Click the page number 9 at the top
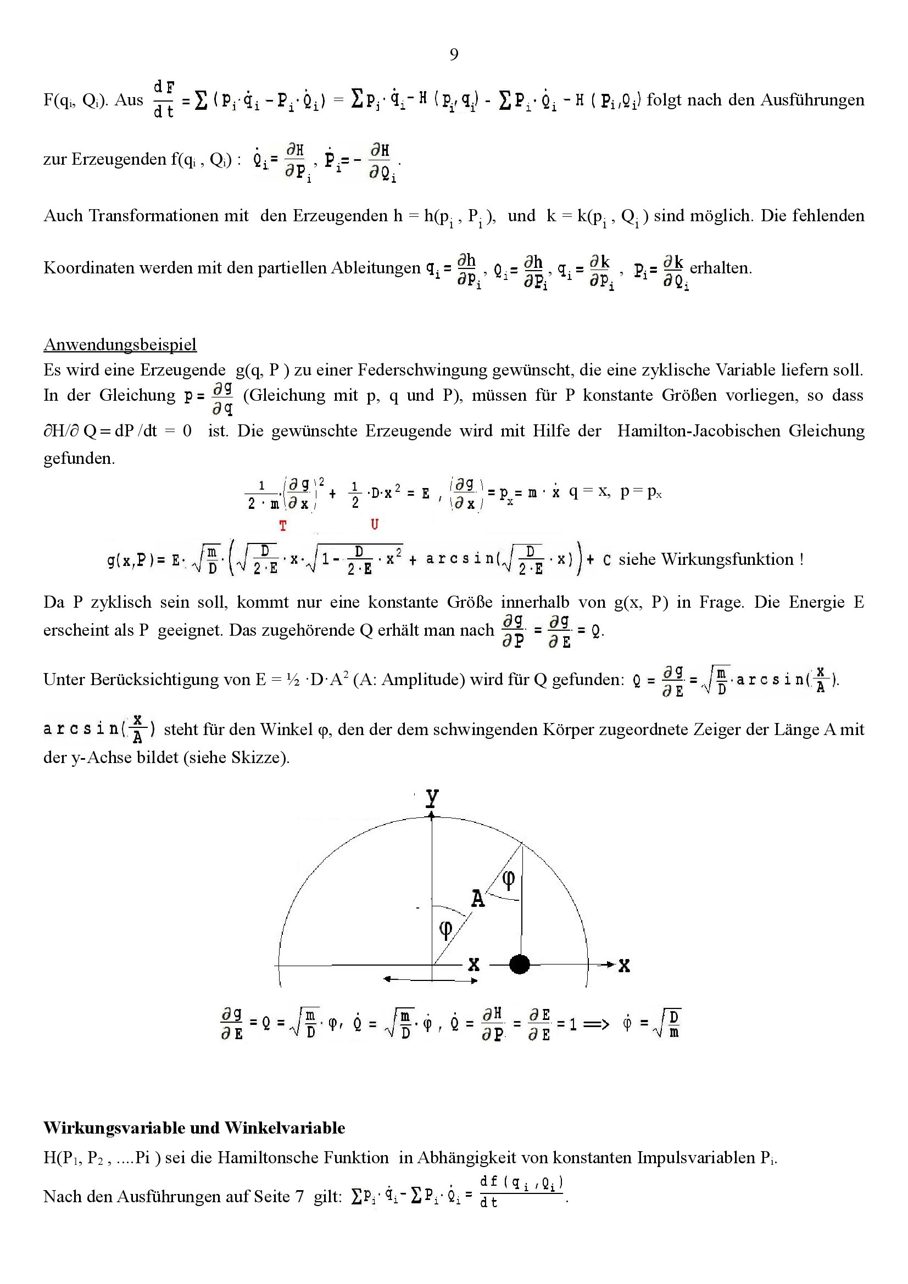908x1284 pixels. (x=454, y=54)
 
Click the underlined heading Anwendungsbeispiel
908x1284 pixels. (x=120, y=344)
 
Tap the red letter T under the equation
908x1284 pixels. (x=283, y=526)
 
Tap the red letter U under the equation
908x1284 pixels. (x=374, y=525)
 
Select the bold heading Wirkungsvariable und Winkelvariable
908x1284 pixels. (x=194, y=1128)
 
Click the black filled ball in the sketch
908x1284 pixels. (x=520, y=964)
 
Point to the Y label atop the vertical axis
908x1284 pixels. (x=431, y=798)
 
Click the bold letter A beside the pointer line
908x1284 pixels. (x=477, y=899)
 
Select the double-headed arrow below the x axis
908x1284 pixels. (x=430, y=980)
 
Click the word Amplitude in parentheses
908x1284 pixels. (x=421, y=680)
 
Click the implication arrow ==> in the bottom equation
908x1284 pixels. (x=596, y=1024)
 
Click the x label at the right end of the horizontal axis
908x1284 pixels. (x=625, y=966)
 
